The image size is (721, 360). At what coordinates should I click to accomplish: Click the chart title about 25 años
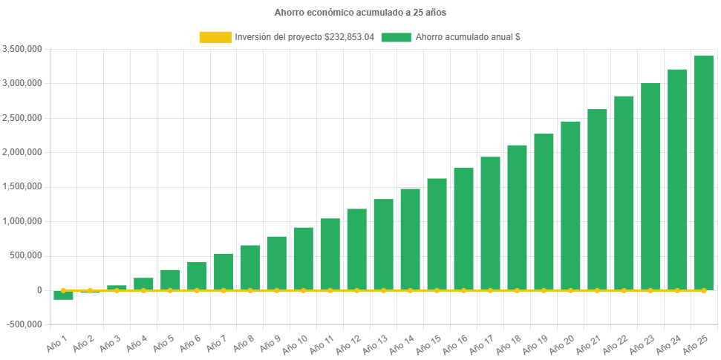tap(360, 13)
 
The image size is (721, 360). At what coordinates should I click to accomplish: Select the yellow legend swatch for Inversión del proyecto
tap(215, 37)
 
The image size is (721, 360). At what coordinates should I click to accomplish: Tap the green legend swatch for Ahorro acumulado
tap(396, 37)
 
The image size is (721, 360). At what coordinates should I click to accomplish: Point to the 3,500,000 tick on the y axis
tap(22, 49)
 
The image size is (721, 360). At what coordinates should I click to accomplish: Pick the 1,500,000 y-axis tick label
tap(22, 186)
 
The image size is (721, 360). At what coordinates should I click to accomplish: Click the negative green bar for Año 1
tap(63, 295)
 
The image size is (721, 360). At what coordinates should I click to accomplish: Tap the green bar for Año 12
tap(356, 249)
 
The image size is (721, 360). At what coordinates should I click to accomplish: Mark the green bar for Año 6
tap(197, 275)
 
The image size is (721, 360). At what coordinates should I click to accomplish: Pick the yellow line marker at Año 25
tap(703, 290)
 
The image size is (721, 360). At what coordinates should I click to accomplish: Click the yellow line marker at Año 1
tap(63, 290)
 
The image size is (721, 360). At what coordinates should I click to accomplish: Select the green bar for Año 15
tap(437, 234)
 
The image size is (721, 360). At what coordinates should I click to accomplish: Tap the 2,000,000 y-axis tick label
tap(22, 152)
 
